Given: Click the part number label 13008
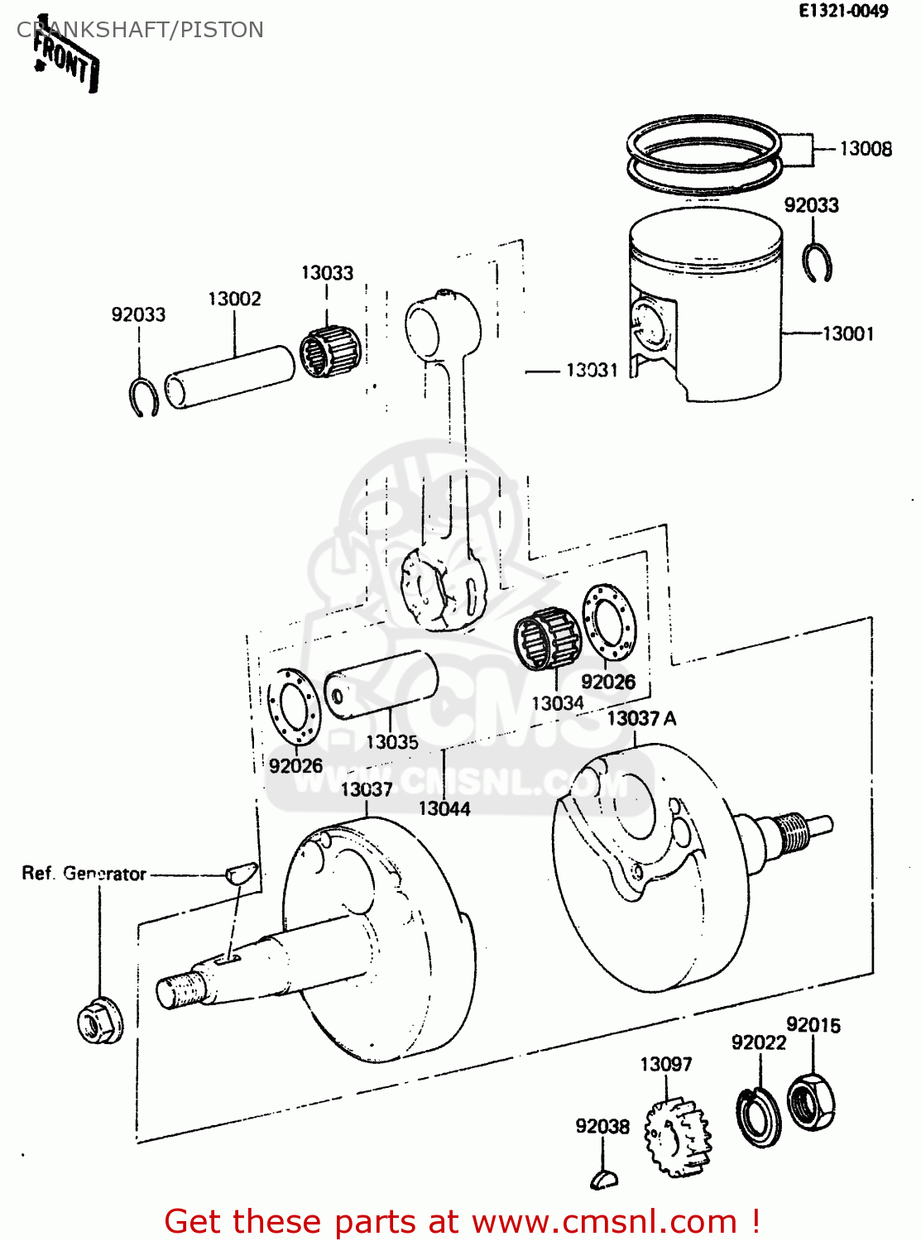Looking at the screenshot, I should tap(865, 149).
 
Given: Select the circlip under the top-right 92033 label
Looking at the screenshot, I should tap(818, 264).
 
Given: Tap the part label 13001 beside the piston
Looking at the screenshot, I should tap(848, 333).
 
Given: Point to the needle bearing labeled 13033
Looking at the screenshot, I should tap(330, 353).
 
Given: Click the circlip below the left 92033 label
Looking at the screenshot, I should tap(145, 397).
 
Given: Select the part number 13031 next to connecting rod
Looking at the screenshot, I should tap(592, 370).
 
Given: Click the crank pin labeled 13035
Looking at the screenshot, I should tap(381, 685).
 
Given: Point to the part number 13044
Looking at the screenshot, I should tap(444, 808).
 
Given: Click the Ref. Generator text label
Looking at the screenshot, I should tap(84, 874).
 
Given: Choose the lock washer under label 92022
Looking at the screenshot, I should tap(758, 1117).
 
